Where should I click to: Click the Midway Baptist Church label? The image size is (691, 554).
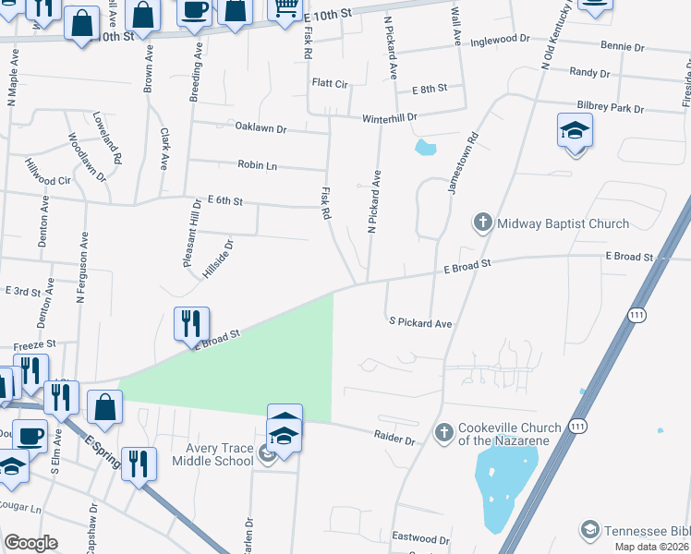(x=563, y=223)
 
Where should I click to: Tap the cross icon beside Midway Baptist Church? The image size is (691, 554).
(x=481, y=223)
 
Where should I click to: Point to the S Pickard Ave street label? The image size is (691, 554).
(x=420, y=323)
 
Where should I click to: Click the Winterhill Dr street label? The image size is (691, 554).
(x=390, y=118)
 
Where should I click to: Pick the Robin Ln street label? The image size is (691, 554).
(x=258, y=165)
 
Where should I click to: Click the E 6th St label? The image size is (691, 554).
(x=225, y=200)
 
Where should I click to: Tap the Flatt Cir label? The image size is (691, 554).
(x=330, y=84)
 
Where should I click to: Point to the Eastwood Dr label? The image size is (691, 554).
(x=420, y=538)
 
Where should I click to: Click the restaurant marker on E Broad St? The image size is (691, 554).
(x=191, y=324)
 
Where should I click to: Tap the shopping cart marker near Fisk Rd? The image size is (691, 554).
(x=285, y=9)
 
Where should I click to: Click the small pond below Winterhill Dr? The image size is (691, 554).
(x=425, y=147)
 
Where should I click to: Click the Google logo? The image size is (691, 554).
(x=30, y=543)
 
